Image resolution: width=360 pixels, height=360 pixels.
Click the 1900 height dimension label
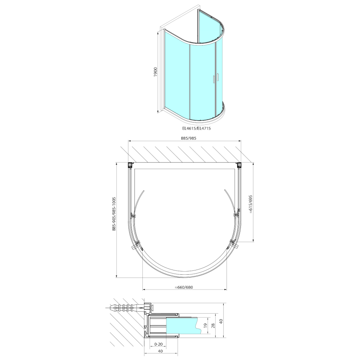point(156,72)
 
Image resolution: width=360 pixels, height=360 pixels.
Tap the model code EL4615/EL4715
point(196,128)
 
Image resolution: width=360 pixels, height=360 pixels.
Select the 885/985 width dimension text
point(189,138)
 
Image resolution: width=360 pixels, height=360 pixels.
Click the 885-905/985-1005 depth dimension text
point(114,214)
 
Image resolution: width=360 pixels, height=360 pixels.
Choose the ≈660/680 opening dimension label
point(184,287)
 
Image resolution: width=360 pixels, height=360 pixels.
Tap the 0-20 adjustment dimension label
point(158,344)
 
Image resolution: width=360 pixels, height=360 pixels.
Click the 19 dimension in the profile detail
point(206,325)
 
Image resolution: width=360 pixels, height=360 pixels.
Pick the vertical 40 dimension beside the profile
point(221,321)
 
